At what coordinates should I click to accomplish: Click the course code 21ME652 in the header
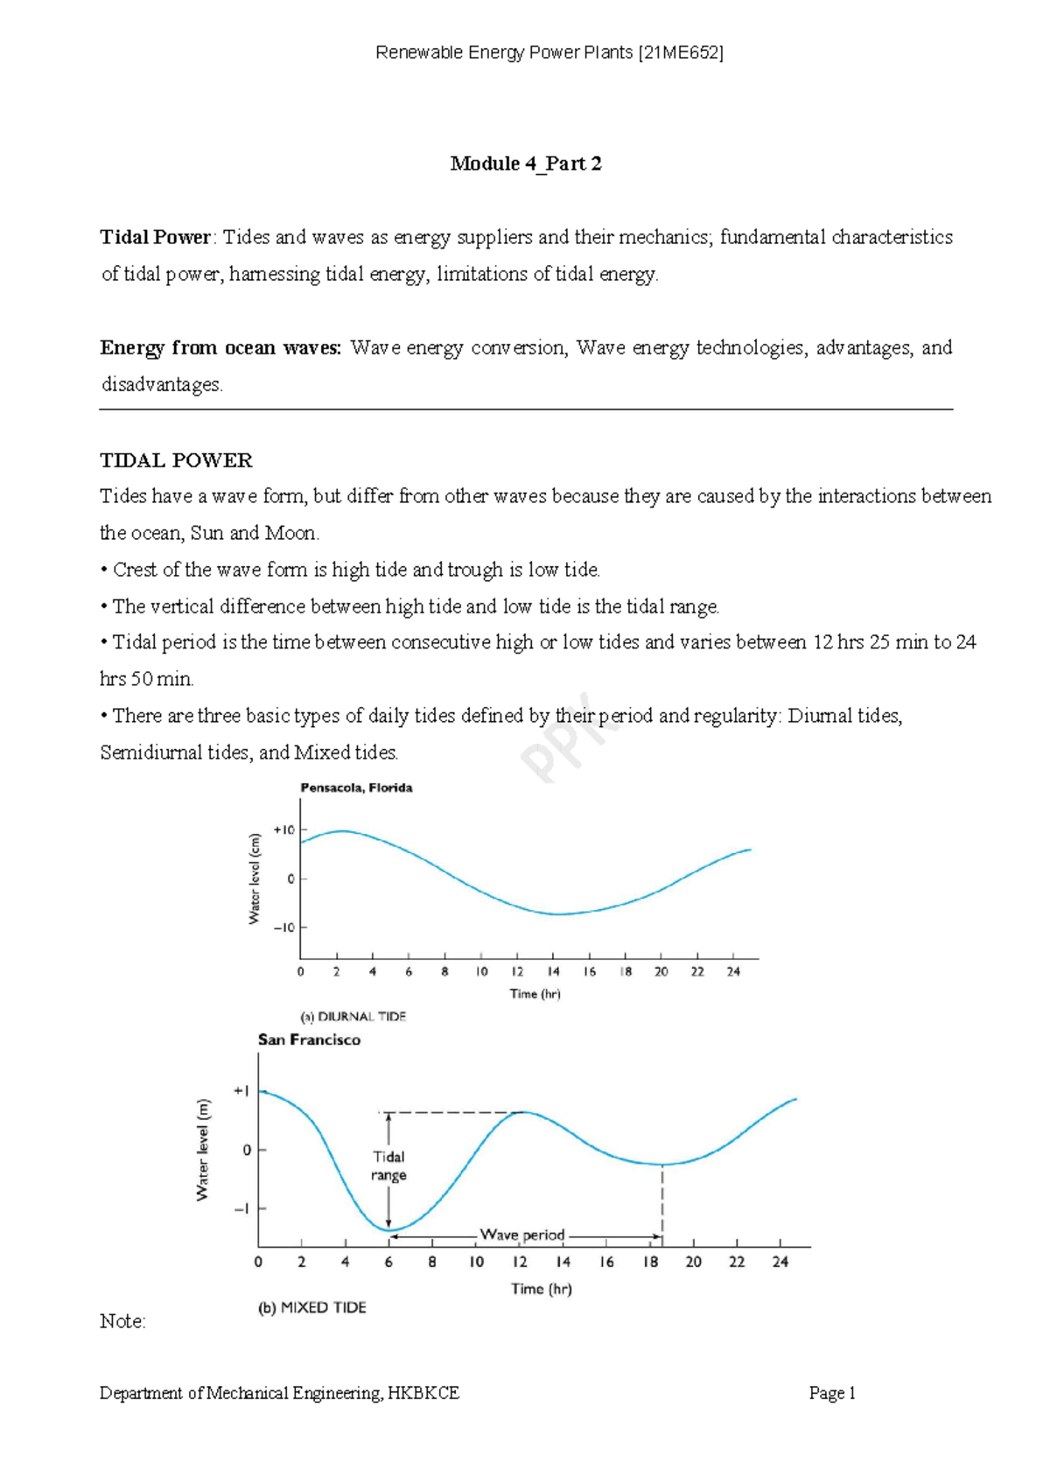(680, 52)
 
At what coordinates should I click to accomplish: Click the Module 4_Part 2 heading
(526, 164)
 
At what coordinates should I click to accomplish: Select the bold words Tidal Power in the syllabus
(155, 237)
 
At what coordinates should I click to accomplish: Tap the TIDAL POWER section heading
(176, 460)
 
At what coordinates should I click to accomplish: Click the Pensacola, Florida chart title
(356, 787)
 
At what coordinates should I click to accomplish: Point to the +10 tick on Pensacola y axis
(284, 829)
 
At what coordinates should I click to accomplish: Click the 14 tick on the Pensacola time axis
(554, 971)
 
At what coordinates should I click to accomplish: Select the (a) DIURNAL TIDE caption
(353, 1017)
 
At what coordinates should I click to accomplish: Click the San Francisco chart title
(309, 1039)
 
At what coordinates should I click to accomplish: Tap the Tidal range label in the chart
(388, 1165)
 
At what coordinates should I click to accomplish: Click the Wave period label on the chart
(522, 1235)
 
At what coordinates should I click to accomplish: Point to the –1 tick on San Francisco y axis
(241, 1208)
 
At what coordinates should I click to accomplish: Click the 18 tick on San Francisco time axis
(650, 1262)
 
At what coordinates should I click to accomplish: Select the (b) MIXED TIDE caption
(311, 1307)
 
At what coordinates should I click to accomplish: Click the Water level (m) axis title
(203, 1150)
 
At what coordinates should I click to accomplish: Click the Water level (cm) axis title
(255, 878)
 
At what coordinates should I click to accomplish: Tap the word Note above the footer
(122, 1321)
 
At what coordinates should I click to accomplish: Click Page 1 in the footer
(831, 1393)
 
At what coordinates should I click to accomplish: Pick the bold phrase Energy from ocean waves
(220, 347)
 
